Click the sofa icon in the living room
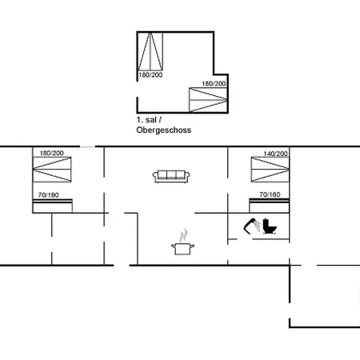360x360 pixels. click(x=171, y=175)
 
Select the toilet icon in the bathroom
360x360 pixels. click(x=270, y=226)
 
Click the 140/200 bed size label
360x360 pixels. click(x=276, y=152)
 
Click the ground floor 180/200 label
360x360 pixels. click(x=51, y=152)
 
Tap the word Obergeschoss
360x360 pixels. click(x=164, y=128)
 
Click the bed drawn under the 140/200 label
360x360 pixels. click(x=270, y=169)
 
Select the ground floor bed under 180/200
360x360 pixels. click(x=52, y=169)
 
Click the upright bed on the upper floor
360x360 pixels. click(x=151, y=52)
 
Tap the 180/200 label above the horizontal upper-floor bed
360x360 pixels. click(x=214, y=83)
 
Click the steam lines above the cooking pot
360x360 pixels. click(x=184, y=235)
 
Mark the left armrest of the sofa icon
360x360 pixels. click(x=158, y=176)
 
